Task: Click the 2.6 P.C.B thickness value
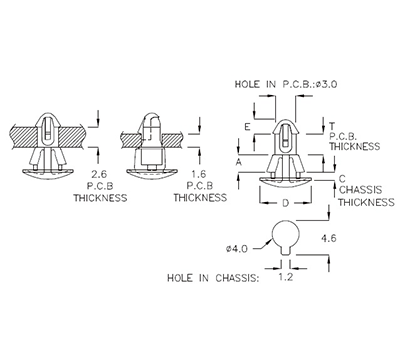[99, 174]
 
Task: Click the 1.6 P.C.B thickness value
[198, 174]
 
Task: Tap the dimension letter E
[246, 129]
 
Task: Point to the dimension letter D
[285, 203]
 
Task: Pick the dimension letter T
[331, 123]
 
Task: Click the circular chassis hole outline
[283, 236]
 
